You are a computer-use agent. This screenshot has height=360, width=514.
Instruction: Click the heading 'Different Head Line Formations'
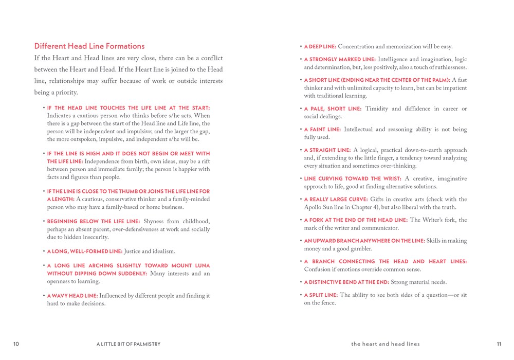89,46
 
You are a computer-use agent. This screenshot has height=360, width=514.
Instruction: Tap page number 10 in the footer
16,344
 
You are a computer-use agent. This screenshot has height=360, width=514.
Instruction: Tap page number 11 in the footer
499,344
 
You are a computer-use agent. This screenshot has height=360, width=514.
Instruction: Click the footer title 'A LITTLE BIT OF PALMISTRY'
132,344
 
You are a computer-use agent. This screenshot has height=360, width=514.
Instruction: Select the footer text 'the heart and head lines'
385,344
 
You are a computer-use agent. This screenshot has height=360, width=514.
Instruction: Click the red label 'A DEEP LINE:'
320,47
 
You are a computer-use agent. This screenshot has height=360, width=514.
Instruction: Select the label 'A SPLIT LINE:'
321,295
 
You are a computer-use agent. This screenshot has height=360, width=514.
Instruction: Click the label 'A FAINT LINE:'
322,130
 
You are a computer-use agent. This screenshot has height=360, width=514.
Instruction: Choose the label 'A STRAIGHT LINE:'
327,150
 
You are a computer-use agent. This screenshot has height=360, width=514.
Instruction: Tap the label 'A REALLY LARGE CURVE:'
335,200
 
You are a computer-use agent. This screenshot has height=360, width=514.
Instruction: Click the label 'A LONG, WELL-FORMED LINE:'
85,251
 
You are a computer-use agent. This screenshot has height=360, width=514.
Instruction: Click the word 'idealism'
164,251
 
